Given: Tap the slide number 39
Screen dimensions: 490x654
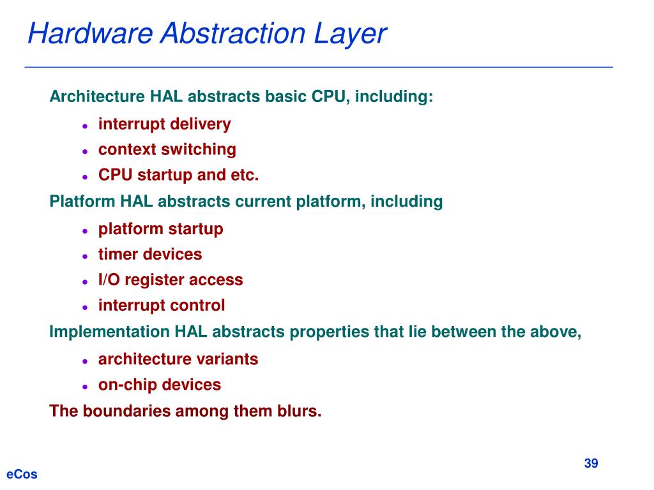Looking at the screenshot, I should (x=591, y=463).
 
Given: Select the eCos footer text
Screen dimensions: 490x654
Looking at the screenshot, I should (x=22, y=474).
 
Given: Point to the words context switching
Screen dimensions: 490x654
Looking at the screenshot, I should (x=167, y=150).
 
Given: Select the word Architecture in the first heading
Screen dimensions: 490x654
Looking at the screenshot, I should (x=97, y=97).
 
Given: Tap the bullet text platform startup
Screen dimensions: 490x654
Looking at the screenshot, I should (x=160, y=229).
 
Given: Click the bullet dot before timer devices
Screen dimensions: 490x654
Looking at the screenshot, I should (x=84, y=256).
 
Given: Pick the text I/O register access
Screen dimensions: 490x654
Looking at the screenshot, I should (x=171, y=280).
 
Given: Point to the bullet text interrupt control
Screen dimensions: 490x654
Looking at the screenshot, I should (x=161, y=306).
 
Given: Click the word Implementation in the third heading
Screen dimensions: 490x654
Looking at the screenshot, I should (x=109, y=332).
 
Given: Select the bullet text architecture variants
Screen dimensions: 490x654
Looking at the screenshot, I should (x=178, y=359).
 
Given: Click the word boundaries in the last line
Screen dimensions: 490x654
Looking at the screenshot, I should (x=121, y=412).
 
